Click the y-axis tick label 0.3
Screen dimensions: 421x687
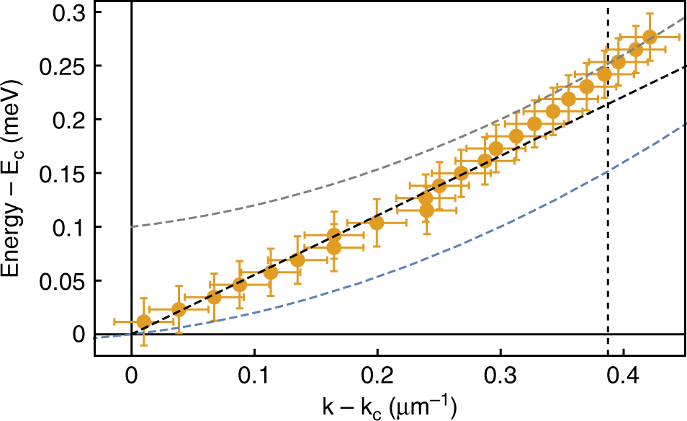71,12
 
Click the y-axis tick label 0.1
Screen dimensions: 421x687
71,227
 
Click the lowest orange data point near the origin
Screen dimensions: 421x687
143,322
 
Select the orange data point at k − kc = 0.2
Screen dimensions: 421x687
377,223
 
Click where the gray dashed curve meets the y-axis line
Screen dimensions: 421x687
131,227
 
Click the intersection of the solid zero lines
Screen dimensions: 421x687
131,334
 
